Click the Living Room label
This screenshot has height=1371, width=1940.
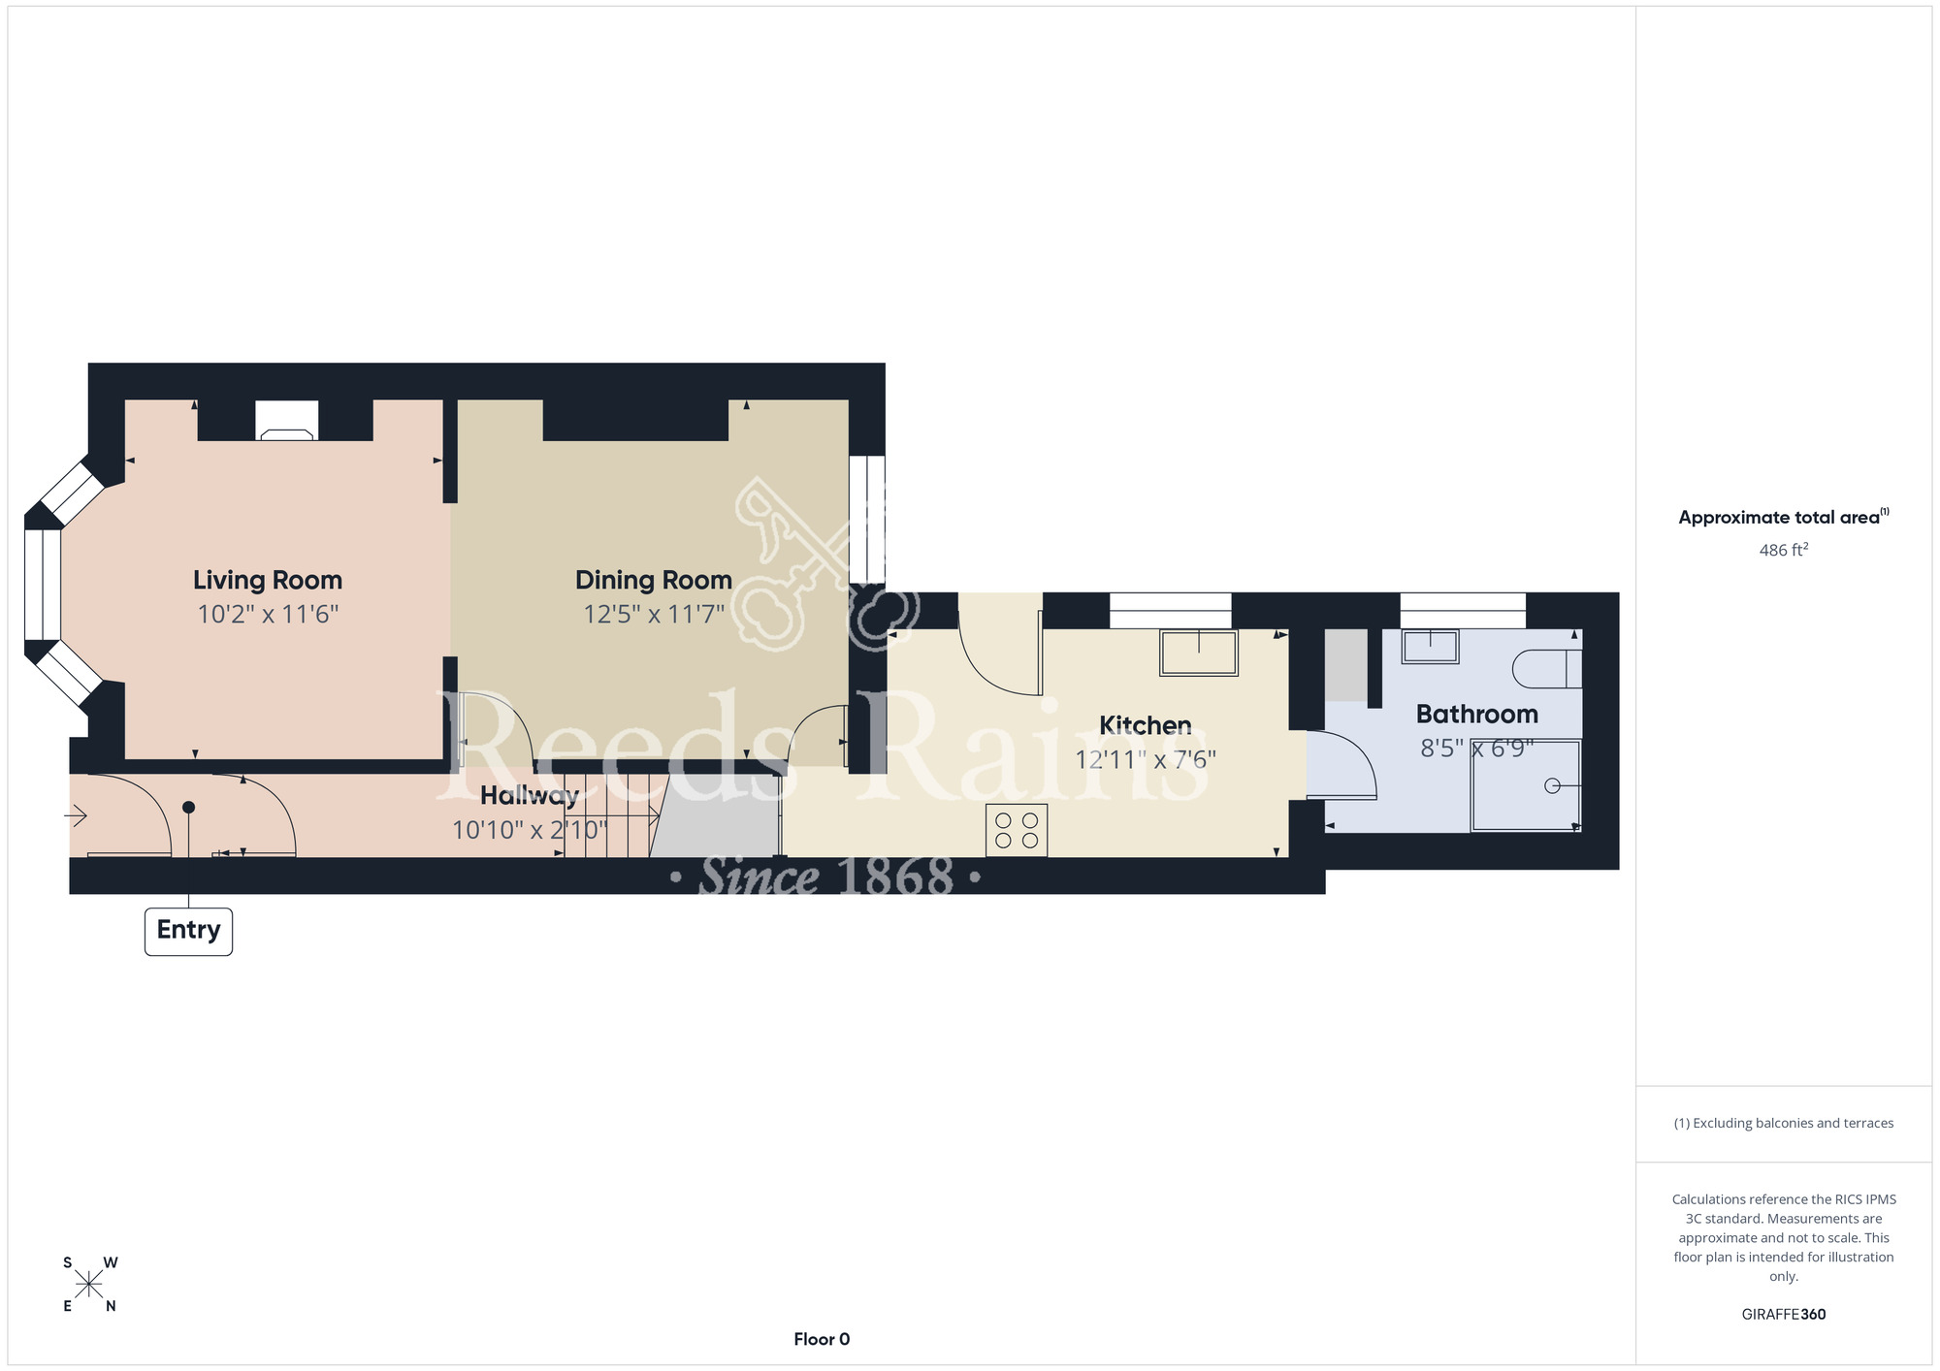click(x=268, y=580)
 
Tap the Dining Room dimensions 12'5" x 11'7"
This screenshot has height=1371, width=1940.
click(x=654, y=614)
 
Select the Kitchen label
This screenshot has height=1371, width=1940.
click(x=1145, y=725)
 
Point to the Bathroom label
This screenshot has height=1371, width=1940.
click(x=1476, y=715)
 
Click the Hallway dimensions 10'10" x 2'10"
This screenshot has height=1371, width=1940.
click(x=530, y=830)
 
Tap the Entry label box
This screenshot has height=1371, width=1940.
click(x=188, y=931)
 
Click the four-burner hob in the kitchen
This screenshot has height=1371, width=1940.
click(x=1017, y=831)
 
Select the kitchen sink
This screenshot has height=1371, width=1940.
click(x=1199, y=653)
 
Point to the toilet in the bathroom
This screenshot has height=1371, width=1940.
click(x=1547, y=669)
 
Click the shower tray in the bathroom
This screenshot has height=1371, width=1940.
click(x=1526, y=785)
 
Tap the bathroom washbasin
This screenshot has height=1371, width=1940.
click(x=1430, y=647)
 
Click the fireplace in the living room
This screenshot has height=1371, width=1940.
click(x=286, y=421)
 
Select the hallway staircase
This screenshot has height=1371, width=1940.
click(x=611, y=814)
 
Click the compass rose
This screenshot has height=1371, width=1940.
click(x=89, y=1285)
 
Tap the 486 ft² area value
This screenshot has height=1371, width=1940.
click(x=1784, y=550)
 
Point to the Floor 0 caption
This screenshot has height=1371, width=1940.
click(x=822, y=1339)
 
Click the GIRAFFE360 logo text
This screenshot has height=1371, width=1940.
click(x=1784, y=1315)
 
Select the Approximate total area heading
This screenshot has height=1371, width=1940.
click(x=1784, y=517)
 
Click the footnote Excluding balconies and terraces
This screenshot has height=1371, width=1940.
click(x=1784, y=1123)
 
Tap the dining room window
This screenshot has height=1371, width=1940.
click(x=867, y=520)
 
